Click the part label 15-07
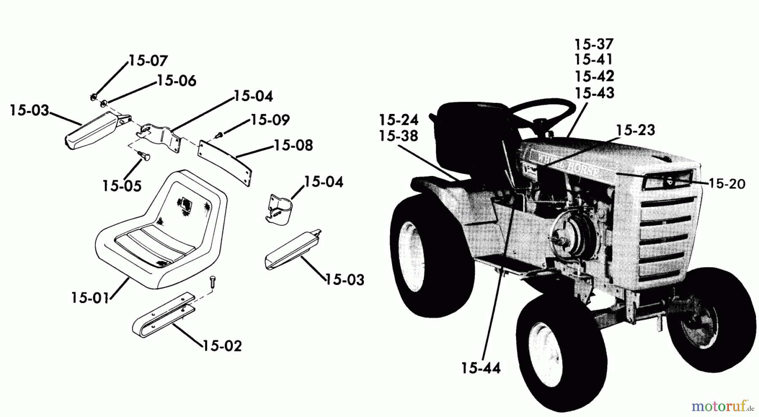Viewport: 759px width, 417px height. (148, 61)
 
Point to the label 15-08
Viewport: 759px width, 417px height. (293, 146)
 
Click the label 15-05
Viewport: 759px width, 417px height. (122, 186)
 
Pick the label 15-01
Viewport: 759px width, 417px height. (90, 298)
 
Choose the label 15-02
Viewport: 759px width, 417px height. (222, 346)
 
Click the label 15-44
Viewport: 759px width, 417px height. (480, 368)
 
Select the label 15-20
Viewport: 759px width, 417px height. (727, 184)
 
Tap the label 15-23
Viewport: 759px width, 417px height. (635, 130)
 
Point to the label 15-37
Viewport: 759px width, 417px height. (594, 44)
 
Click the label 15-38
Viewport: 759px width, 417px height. (398, 136)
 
